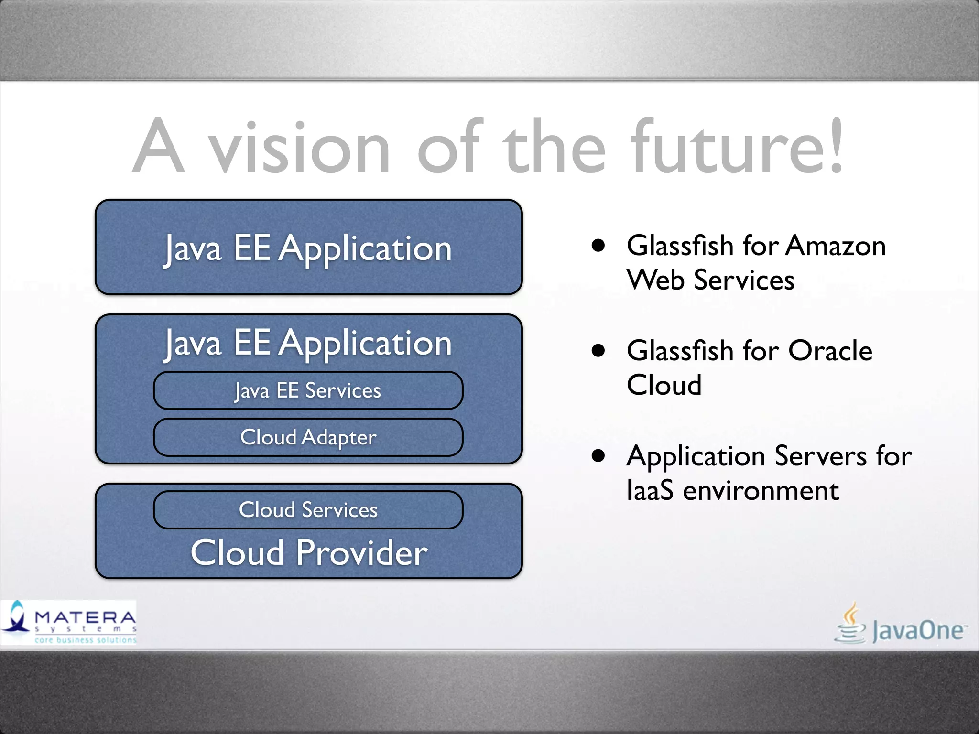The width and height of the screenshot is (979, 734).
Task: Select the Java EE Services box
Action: pyautogui.click(x=308, y=390)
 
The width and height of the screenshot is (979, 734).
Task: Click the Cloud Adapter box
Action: pyautogui.click(x=308, y=437)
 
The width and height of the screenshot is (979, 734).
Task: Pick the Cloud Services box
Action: pyautogui.click(x=308, y=510)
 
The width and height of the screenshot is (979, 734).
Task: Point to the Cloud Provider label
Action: pyautogui.click(x=309, y=553)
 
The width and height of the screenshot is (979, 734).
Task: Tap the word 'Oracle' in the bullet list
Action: pyautogui.click(x=830, y=351)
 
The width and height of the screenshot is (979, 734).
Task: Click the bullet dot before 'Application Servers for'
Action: pyautogui.click(x=598, y=456)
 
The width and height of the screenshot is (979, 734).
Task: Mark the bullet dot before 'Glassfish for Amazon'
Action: pyautogui.click(x=598, y=246)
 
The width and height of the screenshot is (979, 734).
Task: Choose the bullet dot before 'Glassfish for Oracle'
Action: pyautogui.click(x=598, y=351)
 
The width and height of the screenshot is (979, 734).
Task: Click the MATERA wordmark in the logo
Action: pyautogui.click(x=85, y=617)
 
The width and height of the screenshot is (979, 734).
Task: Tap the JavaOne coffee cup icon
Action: pyautogui.click(x=850, y=624)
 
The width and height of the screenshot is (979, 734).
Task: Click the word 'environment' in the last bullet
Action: pyautogui.click(x=761, y=491)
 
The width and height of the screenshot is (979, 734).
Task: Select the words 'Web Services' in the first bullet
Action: pyautogui.click(x=710, y=280)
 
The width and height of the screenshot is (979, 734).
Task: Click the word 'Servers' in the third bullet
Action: pyautogui.click(x=820, y=456)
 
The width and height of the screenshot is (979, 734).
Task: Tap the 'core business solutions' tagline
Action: pyautogui.click(x=85, y=640)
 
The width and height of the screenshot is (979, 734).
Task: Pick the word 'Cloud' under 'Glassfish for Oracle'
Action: pyautogui.click(x=664, y=385)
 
